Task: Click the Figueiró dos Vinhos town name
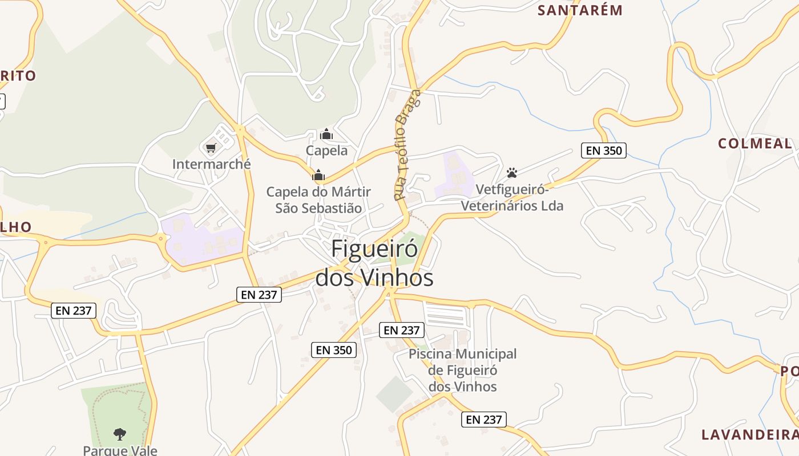(374, 263)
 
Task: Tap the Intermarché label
(211, 164)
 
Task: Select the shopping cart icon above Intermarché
(211, 148)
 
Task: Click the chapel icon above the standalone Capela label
(326, 135)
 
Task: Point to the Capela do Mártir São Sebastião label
(318, 200)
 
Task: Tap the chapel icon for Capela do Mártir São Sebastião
(318, 175)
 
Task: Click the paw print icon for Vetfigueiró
(512, 172)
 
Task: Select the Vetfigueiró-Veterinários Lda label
(512, 197)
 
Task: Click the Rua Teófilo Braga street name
(407, 145)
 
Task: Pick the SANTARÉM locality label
(580, 10)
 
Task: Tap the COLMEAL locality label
(754, 144)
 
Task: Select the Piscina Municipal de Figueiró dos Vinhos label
(462, 370)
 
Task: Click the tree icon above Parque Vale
(119, 434)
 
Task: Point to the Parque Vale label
(120, 450)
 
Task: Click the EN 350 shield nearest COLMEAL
(604, 150)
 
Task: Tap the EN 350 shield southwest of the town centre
(334, 350)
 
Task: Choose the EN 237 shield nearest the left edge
(74, 311)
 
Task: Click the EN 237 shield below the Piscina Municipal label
(483, 420)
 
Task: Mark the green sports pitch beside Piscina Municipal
(394, 394)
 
